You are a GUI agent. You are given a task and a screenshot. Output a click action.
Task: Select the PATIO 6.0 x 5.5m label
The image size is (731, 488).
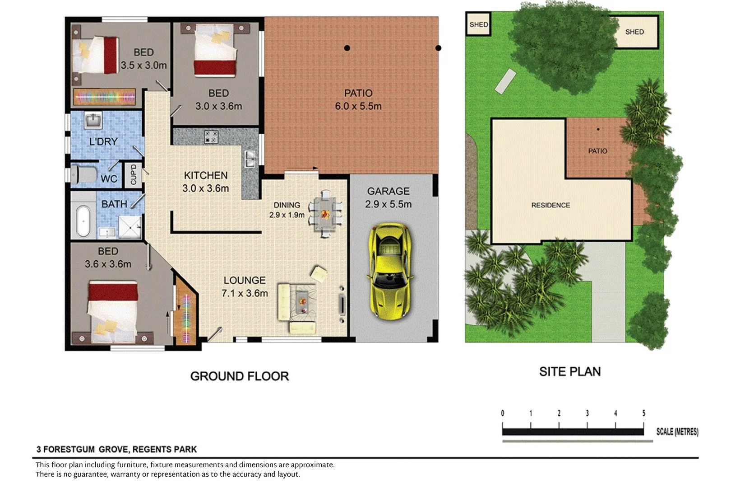pyautogui.click(x=358, y=100)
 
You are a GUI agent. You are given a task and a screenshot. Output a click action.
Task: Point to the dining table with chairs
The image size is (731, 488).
pyautogui.click(x=325, y=214)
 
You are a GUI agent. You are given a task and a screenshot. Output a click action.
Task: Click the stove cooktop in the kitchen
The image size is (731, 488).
pyautogui.click(x=211, y=137)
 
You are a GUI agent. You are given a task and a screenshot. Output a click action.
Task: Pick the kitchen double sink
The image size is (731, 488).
pyautogui.click(x=250, y=159)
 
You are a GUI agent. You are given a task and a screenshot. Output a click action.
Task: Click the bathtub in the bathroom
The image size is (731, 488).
pyautogui.click(x=83, y=221)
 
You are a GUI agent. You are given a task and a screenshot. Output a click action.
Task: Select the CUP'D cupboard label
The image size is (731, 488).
pyautogui.click(x=134, y=175)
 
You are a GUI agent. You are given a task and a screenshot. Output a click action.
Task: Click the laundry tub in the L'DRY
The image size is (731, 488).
pyautogui.click(x=93, y=120)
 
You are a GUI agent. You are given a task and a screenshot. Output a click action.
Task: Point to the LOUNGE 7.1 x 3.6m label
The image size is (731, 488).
pyautogui.click(x=245, y=287)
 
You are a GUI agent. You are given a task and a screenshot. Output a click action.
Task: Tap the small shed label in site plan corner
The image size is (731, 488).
pyautogui.click(x=478, y=24)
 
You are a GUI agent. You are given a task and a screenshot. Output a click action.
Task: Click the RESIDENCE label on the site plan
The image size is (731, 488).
pyautogui.click(x=551, y=205)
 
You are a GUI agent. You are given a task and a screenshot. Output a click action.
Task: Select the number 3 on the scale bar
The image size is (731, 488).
pyautogui.click(x=587, y=413)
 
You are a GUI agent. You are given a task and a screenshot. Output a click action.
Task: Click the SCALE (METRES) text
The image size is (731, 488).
pyautogui.click(x=677, y=432)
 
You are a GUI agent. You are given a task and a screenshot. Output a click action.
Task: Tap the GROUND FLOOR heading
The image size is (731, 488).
pyautogui.click(x=240, y=376)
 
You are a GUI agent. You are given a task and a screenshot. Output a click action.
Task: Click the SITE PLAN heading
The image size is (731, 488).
pyautogui.click(x=570, y=371)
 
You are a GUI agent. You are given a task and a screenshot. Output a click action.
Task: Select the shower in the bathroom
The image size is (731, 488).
pyautogui.click(x=130, y=227)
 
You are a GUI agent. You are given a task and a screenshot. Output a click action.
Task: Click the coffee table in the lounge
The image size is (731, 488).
pyautogui.click(x=302, y=302)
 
